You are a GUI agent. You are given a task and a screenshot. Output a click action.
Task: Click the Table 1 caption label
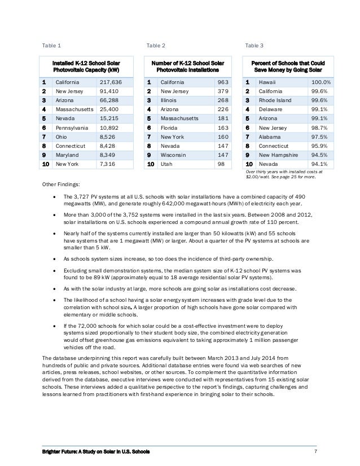[52, 45]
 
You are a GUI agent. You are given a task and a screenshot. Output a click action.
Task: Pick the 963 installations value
[223, 82]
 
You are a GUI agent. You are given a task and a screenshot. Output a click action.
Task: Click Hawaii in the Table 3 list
[267, 82]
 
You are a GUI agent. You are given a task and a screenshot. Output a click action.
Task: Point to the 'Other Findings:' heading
[61, 184]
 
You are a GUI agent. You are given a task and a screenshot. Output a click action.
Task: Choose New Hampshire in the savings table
[279, 155]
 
